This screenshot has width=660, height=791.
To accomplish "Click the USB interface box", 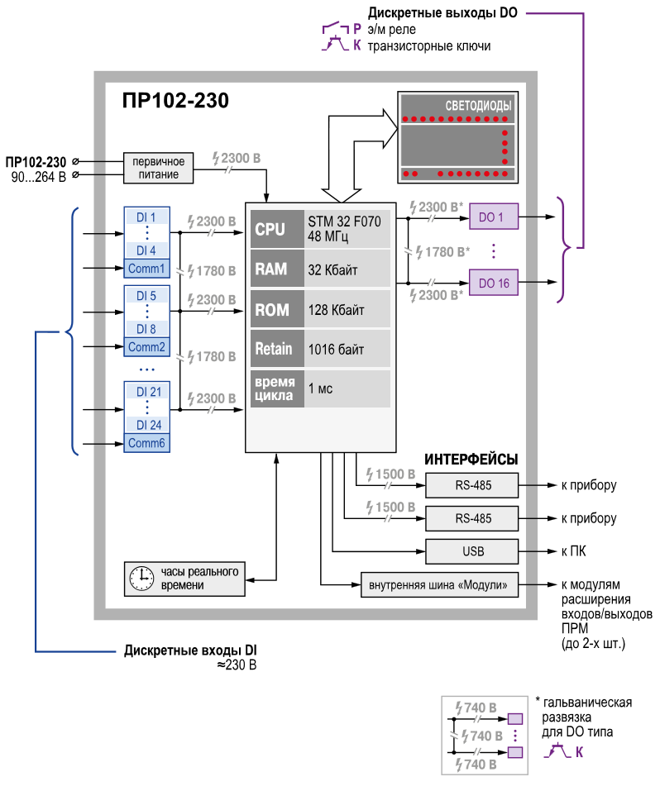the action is (x=471, y=551).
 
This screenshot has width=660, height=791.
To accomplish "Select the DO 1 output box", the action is (x=494, y=217).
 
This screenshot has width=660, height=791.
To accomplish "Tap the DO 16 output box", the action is (x=494, y=283).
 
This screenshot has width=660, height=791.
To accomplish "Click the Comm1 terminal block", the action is (x=146, y=269).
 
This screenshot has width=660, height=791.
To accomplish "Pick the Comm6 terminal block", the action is (x=146, y=443).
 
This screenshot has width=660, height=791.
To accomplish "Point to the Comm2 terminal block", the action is (x=146, y=347).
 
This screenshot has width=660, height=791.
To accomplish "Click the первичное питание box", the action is (x=159, y=168).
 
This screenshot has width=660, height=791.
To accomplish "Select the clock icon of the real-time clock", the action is (x=142, y=579).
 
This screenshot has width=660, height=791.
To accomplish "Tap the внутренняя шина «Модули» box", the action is (x=439, y=584).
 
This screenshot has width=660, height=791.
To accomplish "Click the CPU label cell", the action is (x=277, y=229).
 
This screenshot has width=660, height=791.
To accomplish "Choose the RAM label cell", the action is (x=277, y=269).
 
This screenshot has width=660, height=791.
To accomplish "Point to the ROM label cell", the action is (x=277, y=309).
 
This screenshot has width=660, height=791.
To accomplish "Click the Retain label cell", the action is (x=277, y=349).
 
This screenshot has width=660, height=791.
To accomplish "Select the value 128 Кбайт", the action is (x=337, y=310).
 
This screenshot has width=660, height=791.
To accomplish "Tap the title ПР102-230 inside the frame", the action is (x=175, y=100).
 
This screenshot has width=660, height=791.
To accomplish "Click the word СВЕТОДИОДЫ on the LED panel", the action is (x=478, y=106).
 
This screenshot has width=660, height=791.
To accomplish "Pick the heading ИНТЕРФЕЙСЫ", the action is (x=471, y=459).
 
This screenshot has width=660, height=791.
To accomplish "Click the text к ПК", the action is (x=574, y=551).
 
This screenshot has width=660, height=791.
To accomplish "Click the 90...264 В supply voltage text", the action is (x=38, y=177).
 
